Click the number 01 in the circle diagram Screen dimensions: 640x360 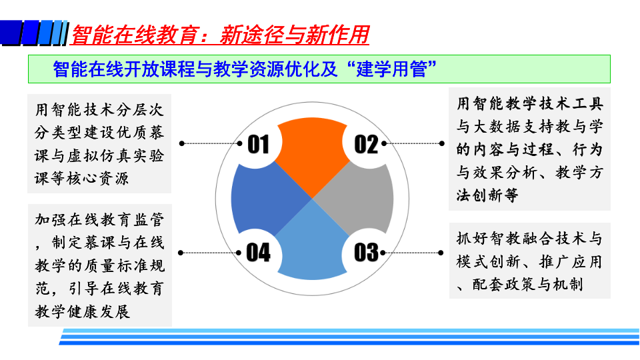tap(259, 145)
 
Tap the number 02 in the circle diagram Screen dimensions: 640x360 tap(366, 145)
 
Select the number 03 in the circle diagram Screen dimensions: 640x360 tap(366, 252)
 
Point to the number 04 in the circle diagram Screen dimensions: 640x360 tap(259, 252)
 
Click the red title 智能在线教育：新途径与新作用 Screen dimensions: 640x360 tap(220, 34)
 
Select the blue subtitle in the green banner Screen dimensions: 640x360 tap(245, 69)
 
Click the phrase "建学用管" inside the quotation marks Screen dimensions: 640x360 tap(391, 69)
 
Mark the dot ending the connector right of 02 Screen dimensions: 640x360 tap(441, 143)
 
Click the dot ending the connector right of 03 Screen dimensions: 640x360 tap(441, 253)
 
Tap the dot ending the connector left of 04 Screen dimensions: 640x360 tap(181, 253)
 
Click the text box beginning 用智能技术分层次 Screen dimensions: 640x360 tap(99, 144)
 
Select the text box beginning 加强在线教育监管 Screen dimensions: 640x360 tap(100, 265)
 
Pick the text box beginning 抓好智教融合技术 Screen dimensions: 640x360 tap(530, 261)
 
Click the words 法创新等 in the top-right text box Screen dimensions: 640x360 tap(487, 195)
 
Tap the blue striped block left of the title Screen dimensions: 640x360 tap(34, 33)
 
